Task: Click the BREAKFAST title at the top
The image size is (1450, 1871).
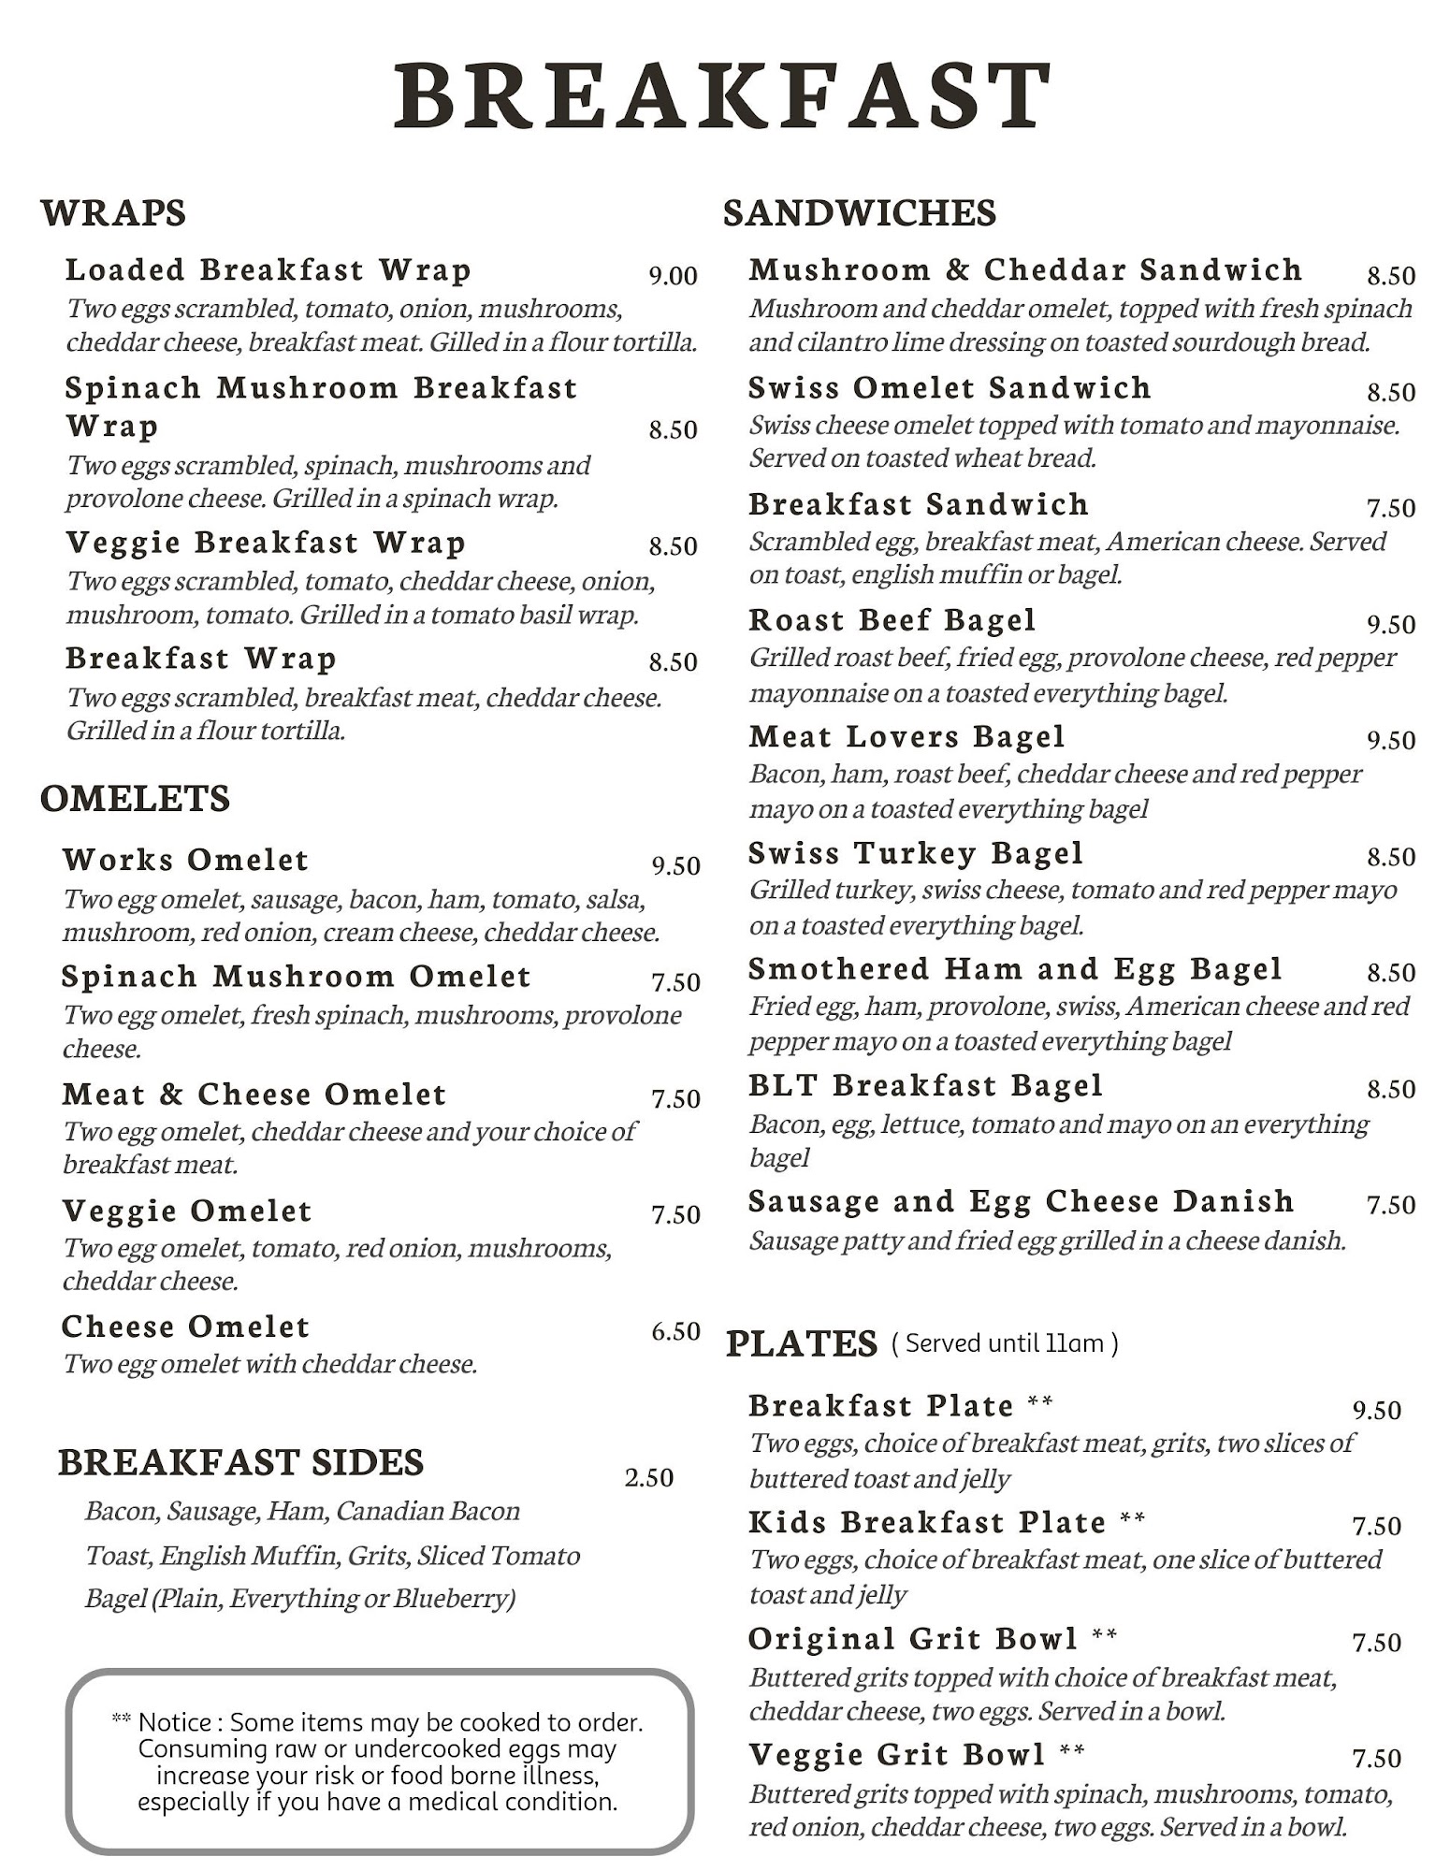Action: (723, 95)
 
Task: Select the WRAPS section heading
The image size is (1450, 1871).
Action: (113, 213)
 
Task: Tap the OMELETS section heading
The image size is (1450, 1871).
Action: (135, 799)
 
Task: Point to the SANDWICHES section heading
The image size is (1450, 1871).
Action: (860, 213)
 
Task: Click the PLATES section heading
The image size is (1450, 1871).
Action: (802, 1344)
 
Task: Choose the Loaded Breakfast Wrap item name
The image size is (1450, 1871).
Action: (268, 270)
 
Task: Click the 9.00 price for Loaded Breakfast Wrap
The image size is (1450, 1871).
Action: (673, 276)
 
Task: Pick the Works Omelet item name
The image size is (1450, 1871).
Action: (185, 860)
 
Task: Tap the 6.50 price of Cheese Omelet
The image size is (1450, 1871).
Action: (675, 1331)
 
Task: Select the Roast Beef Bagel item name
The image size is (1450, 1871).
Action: (892, 620)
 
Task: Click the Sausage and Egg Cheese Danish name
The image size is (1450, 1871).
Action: (1021, 1201)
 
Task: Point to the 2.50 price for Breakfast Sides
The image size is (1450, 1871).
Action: (648, 1478)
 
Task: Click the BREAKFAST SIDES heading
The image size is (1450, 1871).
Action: (240, 1463)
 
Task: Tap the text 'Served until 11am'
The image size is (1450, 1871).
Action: (1004, 1344)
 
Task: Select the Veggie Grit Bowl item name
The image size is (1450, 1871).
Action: (896, 1754)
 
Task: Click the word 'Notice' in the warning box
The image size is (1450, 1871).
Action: (174, 1722)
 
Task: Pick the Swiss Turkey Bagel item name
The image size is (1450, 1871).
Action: (916, 853)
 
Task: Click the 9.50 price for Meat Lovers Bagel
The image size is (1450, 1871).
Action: (1391, 741)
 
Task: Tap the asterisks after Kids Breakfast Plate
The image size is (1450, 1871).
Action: (1132, 1518)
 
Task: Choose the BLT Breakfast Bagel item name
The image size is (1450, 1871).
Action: (925, 1085)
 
